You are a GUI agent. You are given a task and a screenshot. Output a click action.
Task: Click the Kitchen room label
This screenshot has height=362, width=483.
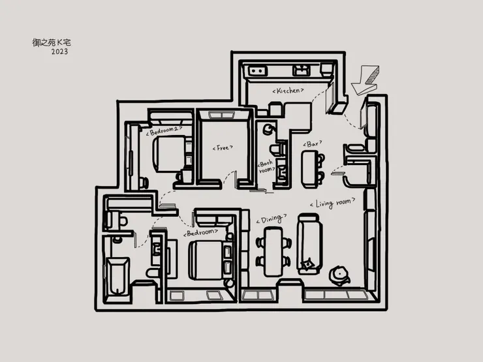pos(288,91)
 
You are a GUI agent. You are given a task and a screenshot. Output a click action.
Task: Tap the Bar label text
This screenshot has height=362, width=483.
pos(313,143)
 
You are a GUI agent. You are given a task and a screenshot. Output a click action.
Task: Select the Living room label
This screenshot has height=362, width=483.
pos(332,203)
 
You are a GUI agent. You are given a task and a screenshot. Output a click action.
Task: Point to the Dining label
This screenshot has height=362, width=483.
pos(272,219)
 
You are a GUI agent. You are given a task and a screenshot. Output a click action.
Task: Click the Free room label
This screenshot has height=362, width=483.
pos(223,148)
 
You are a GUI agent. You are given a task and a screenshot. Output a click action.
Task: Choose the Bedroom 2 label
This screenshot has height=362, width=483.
pos(164,131)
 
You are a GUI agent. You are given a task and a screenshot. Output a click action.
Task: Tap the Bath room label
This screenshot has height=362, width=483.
pos(266,166)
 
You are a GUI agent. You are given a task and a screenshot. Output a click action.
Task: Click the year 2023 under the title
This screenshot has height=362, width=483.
pos(59,52)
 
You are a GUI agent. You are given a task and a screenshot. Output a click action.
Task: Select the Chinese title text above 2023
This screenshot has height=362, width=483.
pos(52,42)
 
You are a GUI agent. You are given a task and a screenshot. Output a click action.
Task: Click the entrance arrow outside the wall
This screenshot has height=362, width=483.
pos(366,80)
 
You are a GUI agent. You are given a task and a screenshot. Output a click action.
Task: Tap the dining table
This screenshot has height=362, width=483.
pos(273,252)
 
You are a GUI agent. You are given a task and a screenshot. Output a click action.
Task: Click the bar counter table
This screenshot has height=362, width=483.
pos(310,169)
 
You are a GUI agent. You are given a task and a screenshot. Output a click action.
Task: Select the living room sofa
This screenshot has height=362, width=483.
pos(309,243)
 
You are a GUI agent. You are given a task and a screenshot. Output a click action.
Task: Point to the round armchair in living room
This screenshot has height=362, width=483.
pos(339,275)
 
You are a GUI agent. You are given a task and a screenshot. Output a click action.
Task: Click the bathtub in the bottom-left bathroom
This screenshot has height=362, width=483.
pos(117,276)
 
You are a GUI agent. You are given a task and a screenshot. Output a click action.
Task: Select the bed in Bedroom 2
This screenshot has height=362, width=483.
pos(169,153)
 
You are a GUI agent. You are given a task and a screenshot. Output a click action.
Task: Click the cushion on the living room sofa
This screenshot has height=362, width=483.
pos(307,264)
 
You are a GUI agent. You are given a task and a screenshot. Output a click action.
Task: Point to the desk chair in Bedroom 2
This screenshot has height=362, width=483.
pos(144,183)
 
